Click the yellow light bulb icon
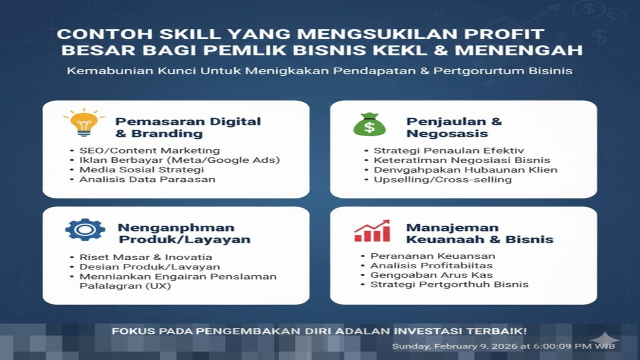[x=84, y=123]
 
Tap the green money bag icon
[x=370, y=124]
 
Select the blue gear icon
[x=85, y=229]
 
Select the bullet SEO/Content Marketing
[x=149, y=150]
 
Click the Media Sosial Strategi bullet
[x=141, y=170]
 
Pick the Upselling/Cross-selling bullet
[x=443, y=180]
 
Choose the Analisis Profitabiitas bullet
[x=431, y=266]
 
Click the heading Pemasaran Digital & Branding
[x=188, y=127]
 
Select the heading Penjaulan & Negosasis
[x=454, y=127]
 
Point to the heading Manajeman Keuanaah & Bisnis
[x=479, y=234]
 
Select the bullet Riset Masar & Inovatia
[x=146, y=257]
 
